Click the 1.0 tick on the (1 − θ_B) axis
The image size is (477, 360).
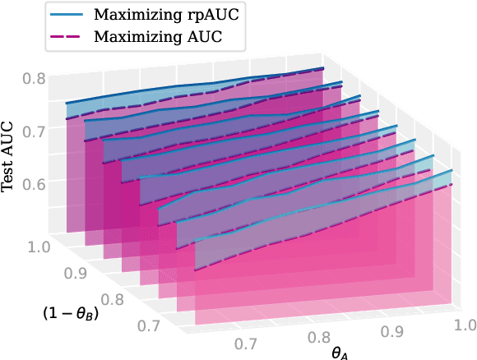pos(39,246)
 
